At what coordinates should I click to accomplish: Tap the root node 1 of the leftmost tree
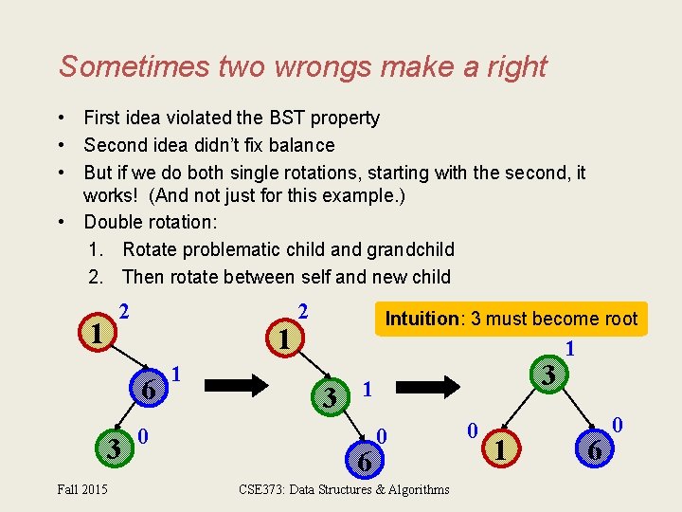tap(96, 333)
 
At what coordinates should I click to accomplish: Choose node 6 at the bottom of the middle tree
tap(362, 461)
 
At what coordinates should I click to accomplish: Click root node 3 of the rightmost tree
tap(547, 377)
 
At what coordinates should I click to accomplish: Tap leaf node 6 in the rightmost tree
tap(594, 452)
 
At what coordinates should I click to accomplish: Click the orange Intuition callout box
tap(511, 319)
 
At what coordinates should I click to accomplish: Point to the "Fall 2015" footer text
tap(81, 489)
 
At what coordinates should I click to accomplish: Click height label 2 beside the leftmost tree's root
tap(124, 311)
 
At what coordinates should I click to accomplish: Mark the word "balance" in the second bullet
tap(299, 145)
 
